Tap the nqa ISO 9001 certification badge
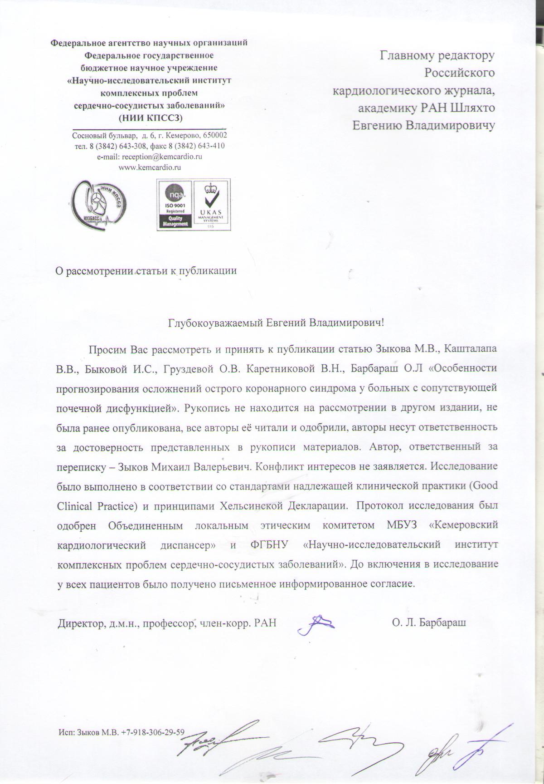pyautogui.click(x=174, y=205)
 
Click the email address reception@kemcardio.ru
pyautogui.click(x=149, y=157)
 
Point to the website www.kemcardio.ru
pyautogui.click(x=150, y=167)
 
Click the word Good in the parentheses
pyautogui.click(x=486, y=485)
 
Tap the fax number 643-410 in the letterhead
pyautogui.click(x=211, y=146)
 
